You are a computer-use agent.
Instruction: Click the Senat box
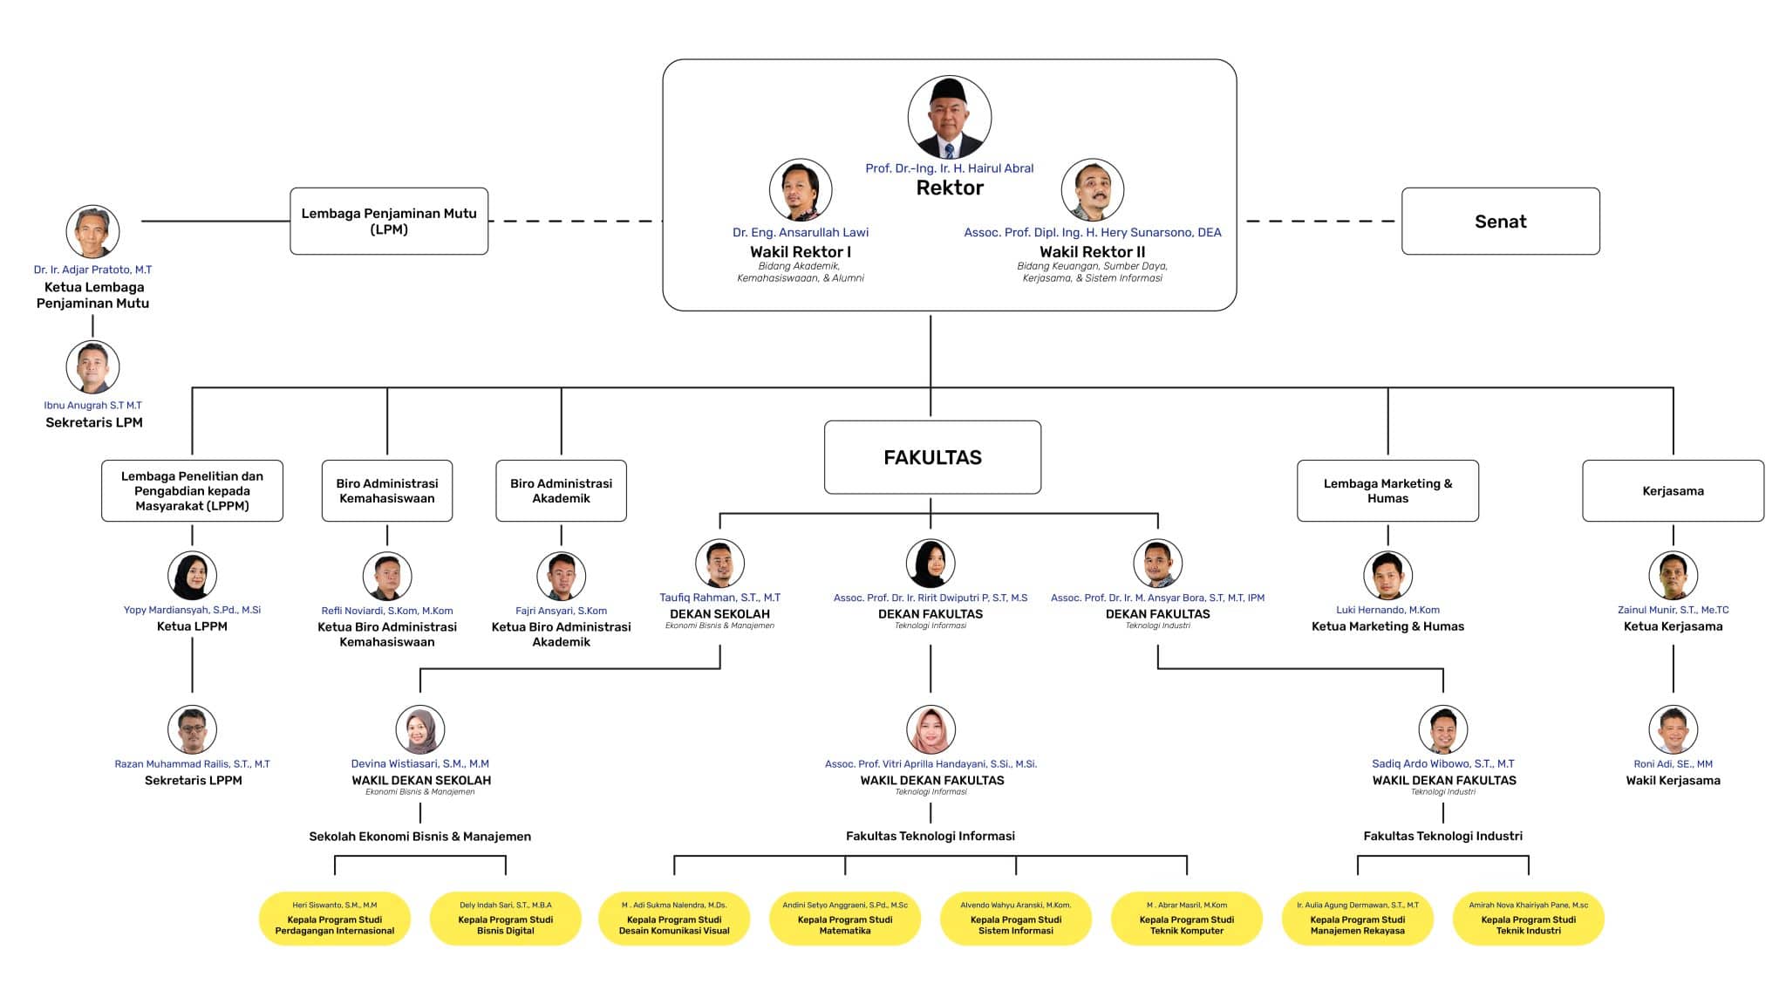click(1500, 222)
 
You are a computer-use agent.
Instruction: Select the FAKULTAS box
click(932, 457)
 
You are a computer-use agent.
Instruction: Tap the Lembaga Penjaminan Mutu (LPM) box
click(389, 222)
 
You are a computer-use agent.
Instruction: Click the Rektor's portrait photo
click(949, 118)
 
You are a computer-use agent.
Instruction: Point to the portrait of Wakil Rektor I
click(800, 190)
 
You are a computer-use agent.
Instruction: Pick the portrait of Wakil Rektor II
click(1092, 190)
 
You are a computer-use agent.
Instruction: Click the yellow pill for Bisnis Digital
click(505, 919)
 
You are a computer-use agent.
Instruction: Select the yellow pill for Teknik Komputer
click(1186, 919)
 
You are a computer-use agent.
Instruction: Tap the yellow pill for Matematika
click(844, 919)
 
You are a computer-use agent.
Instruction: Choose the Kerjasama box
click(1673, 491)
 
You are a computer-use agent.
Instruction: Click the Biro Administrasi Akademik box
click(561, 491)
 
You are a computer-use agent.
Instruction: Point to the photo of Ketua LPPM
click(192, 576)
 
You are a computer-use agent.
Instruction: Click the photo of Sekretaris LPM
click(92, 367)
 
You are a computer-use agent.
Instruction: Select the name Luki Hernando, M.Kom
click(1387, 610)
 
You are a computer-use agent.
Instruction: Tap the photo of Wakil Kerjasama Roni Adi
click(1673, 729)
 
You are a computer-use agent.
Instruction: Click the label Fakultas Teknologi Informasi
click(930, 836)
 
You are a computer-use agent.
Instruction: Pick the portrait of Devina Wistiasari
click(419, 729)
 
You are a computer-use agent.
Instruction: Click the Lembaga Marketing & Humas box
click(1387, 491)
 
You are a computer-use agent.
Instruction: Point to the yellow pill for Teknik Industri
click(1528, 919)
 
